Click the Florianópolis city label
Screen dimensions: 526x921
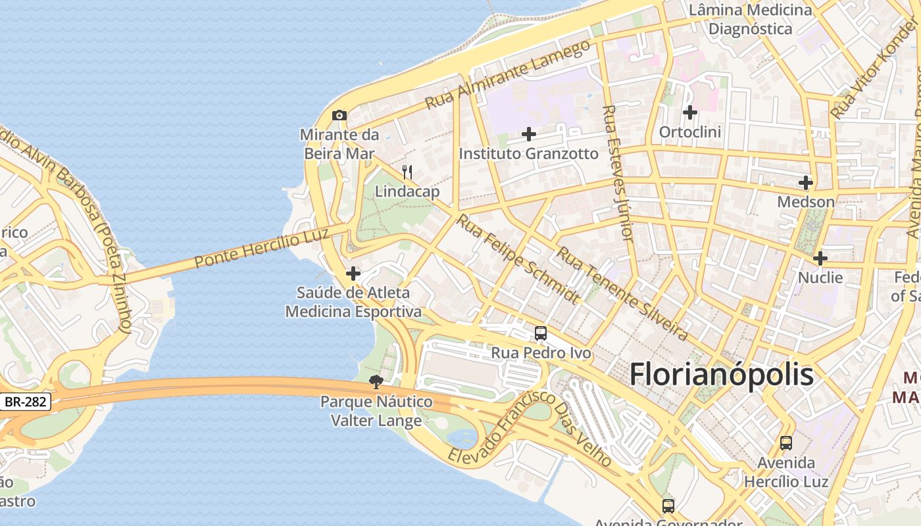722,375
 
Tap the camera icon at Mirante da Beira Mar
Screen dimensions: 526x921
339,116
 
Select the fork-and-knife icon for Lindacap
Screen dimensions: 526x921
408,173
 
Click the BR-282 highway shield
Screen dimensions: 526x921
26,402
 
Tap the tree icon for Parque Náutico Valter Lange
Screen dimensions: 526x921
376,382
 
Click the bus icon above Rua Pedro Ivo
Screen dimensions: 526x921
541,333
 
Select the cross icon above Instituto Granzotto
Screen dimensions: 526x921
529,135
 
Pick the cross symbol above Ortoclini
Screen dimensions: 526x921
690,112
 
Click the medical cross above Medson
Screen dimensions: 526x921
806,183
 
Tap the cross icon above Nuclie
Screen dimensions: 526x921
820,258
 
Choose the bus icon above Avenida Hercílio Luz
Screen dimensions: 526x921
786,443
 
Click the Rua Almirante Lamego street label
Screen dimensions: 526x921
508,75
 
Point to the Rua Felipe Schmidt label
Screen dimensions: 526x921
518,259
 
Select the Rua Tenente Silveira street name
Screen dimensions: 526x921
622,294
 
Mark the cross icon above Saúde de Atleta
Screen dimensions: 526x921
353,274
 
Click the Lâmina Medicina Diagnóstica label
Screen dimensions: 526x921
751,20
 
